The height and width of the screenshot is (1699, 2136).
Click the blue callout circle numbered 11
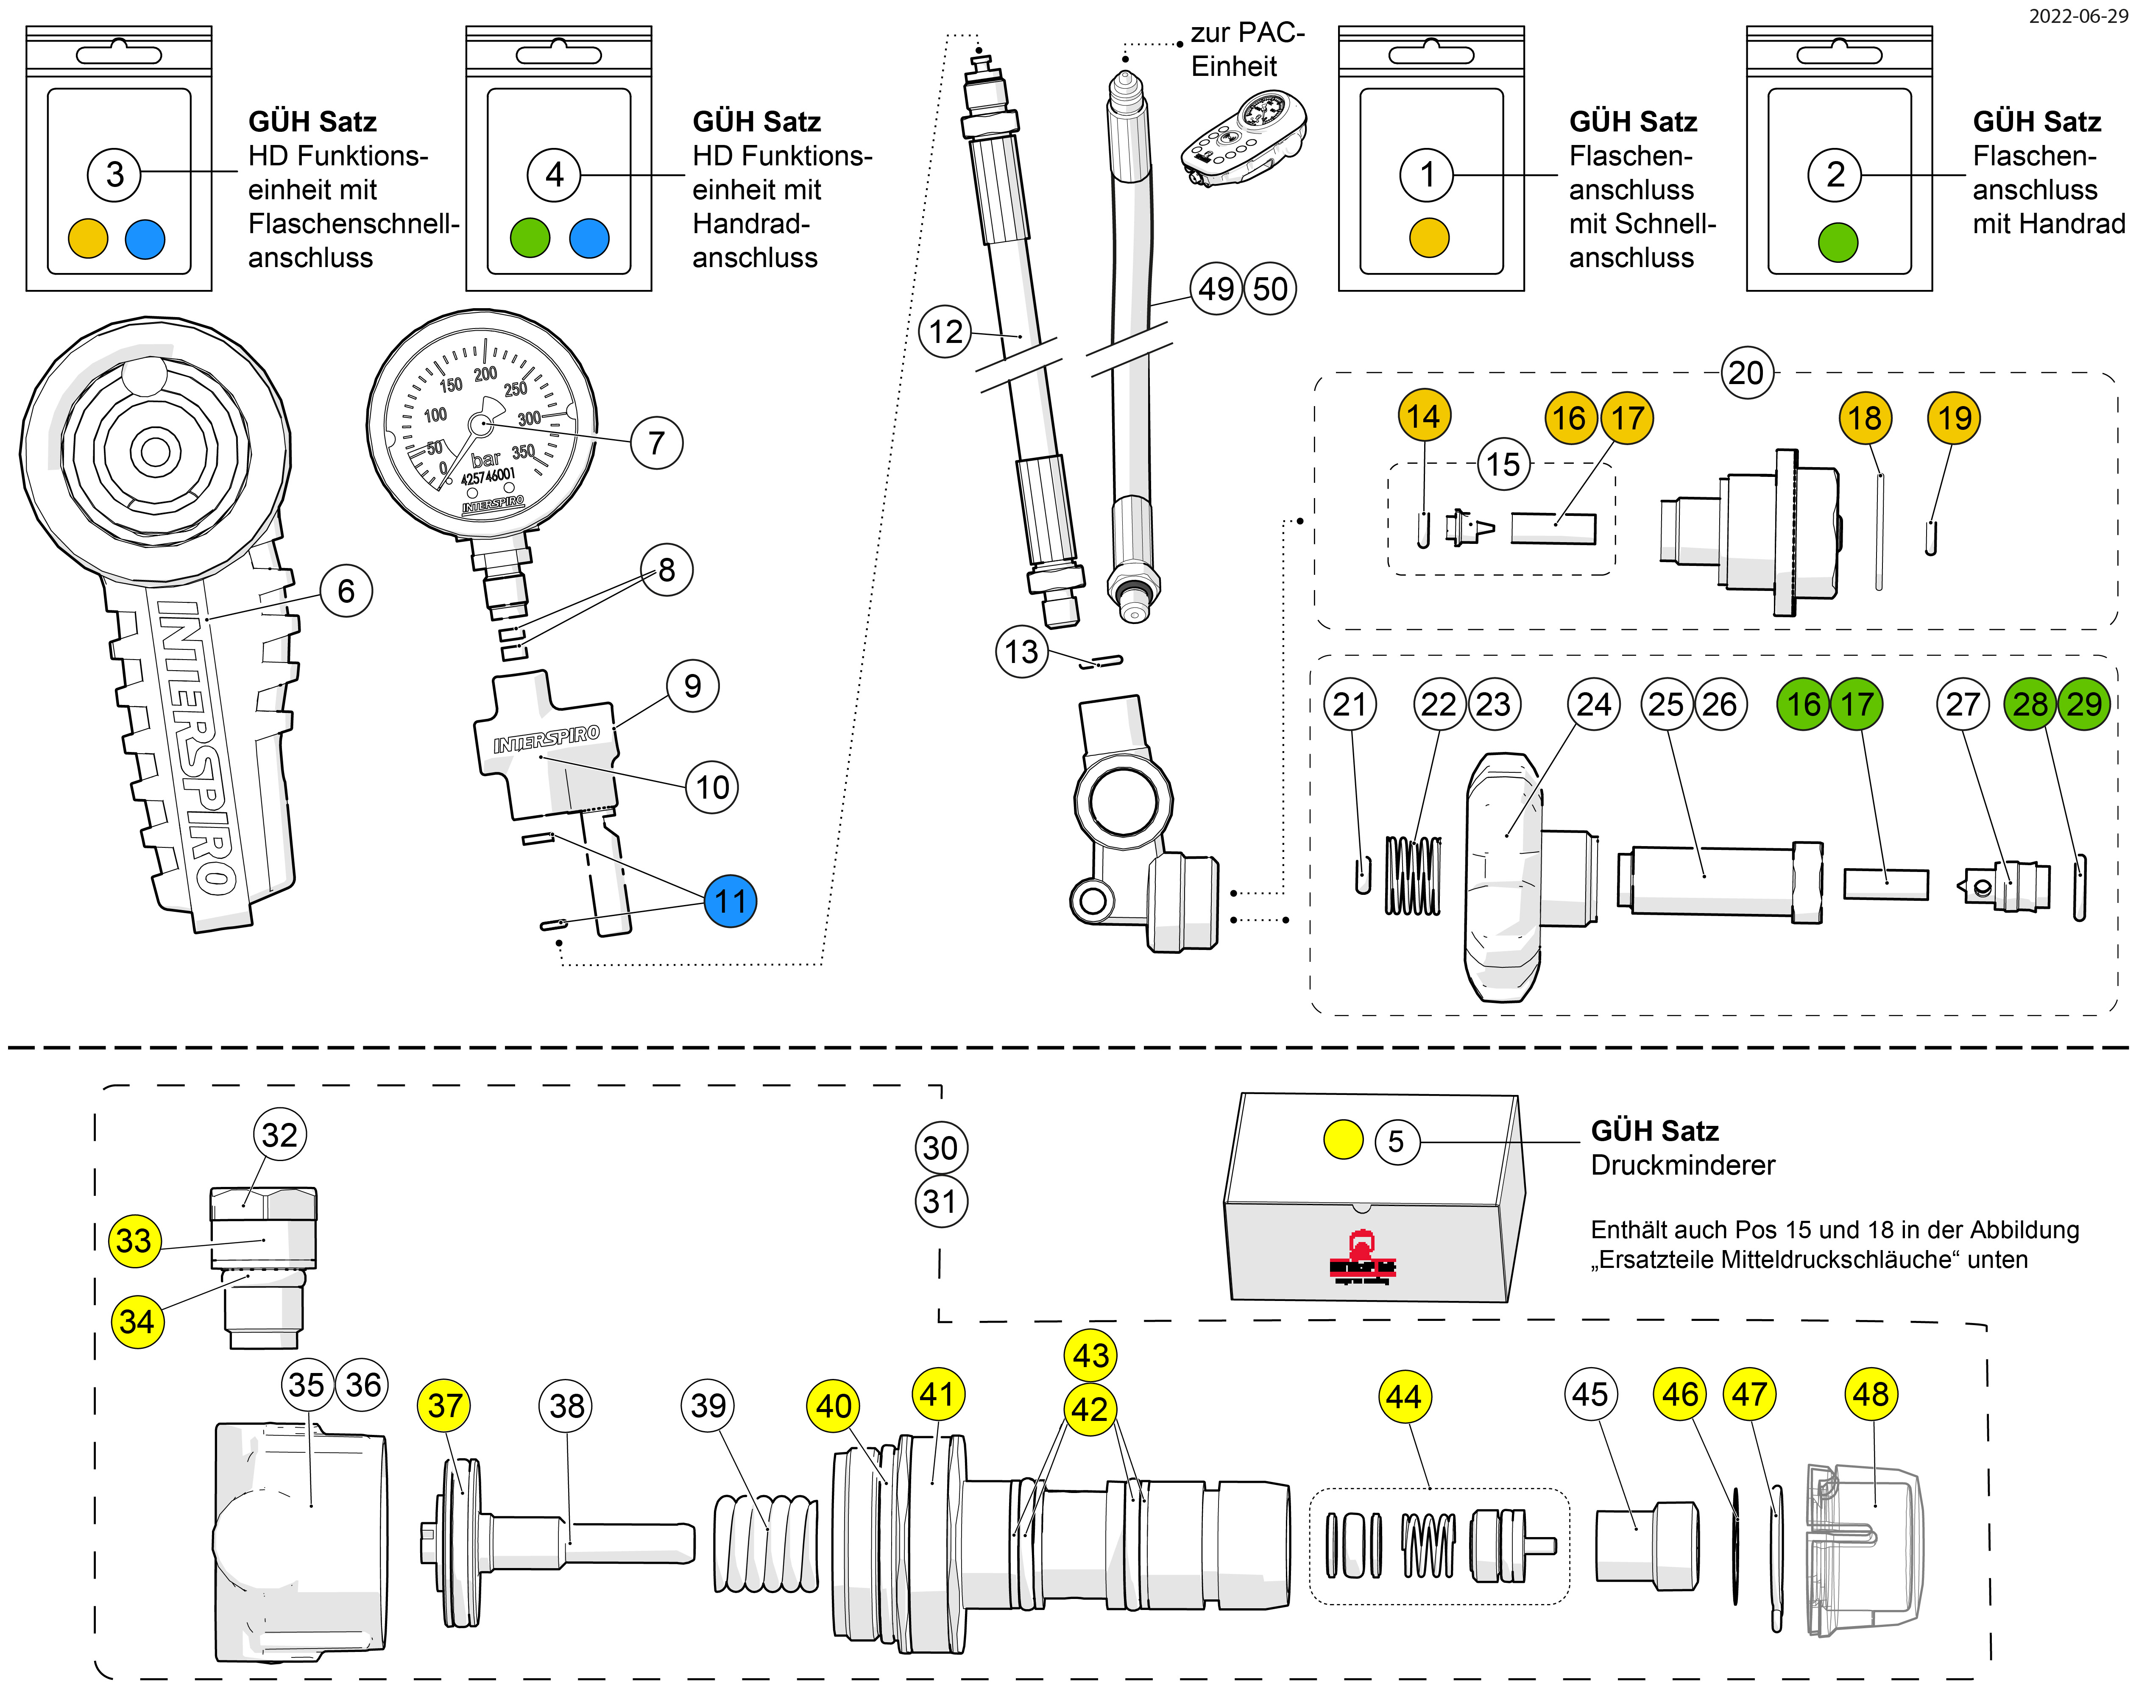(x=730, y=902)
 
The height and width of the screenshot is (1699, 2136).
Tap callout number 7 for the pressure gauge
(x=656, y=443)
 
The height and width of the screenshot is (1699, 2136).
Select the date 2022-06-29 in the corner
(x=2077, y=17)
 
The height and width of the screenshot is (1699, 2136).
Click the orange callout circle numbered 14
(x=1424, y=416)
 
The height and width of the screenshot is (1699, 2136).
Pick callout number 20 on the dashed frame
(x=1746, y=373)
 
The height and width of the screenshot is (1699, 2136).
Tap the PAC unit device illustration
(x=1244, y=139)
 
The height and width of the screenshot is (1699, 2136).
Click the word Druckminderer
(x=1682, y=1165)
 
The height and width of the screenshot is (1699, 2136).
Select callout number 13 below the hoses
(x=1021, y=652)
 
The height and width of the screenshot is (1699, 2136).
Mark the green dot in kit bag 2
(x=1838, y=242)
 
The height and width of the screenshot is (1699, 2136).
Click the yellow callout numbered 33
(x=134, y=1240)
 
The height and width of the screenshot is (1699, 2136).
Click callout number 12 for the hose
(x=945, y=331)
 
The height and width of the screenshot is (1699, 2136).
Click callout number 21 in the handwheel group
(x=1350, y=705)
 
